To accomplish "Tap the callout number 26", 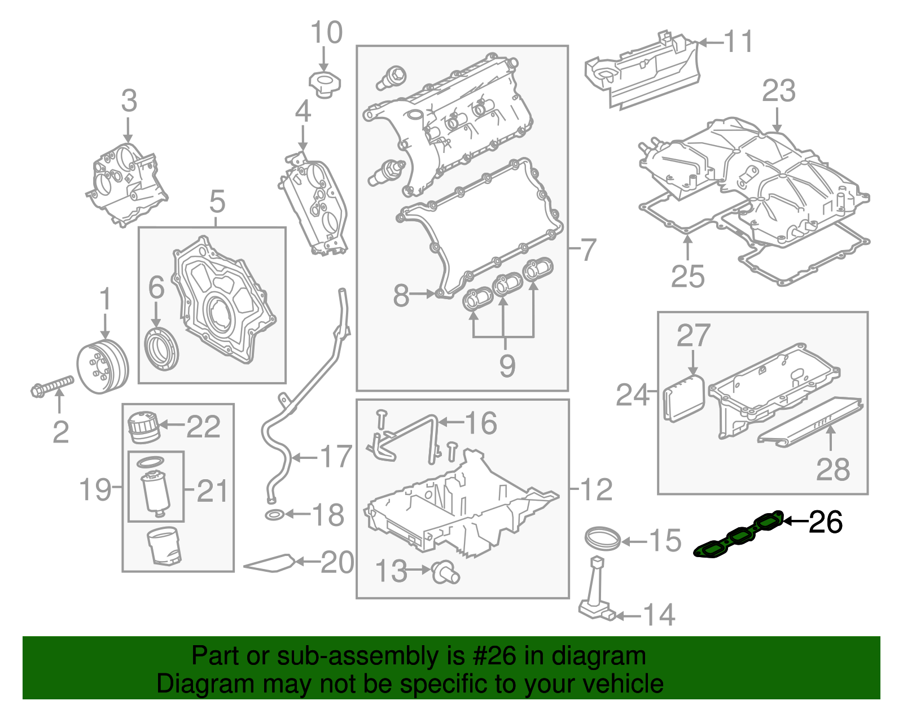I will click(x=826, y=522).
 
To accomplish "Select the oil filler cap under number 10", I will click(x=324, y=84).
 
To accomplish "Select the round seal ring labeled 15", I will click(x=602, y=537).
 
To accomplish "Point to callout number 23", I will click(x=779, y=91).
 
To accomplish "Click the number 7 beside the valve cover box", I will click(x=588, y=249).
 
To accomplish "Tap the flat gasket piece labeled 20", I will click(x=270, y=563).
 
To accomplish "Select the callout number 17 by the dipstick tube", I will click(x=336, y=456).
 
